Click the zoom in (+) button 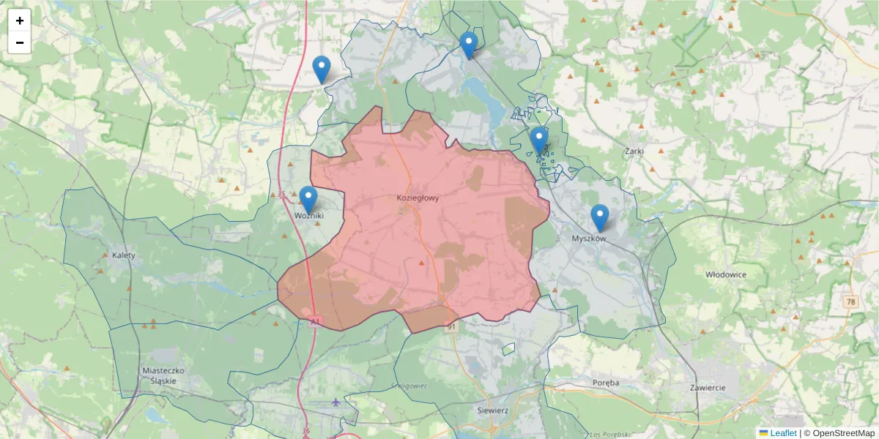pos(20,20)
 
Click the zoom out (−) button pos(20,42)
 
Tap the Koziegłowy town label pos(418,198)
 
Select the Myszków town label pos(590,239)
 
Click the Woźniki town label pos(308,216)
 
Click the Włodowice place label pos(725,274)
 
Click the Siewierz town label pos(492,410)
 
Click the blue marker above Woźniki pos(308,199)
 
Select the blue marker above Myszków pos(600,217)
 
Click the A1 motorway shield pos(315,321)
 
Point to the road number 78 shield pos(850,301)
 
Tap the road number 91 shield pos(450,327)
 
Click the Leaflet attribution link pos(782,433)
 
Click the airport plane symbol pos(336,402)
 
